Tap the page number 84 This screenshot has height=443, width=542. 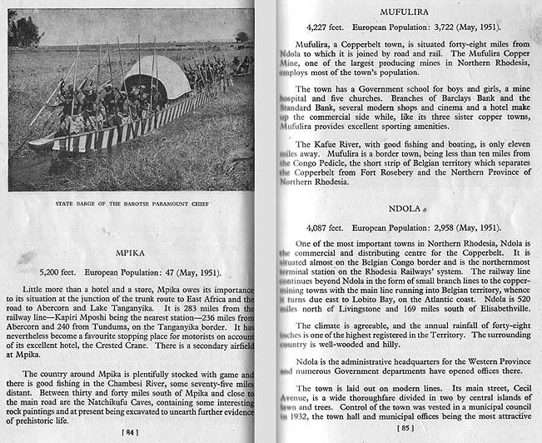point(129,431)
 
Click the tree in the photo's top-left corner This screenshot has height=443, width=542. point(25,30)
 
